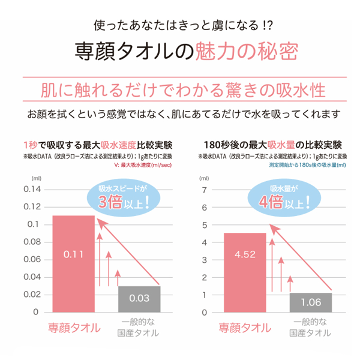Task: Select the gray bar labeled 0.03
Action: [139, 299]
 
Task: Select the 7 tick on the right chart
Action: [205, 190]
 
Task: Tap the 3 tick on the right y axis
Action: [205, 259]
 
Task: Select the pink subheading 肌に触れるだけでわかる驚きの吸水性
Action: [179, 91]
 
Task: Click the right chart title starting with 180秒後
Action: [273, 145]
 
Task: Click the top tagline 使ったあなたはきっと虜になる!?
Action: [179, 26]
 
